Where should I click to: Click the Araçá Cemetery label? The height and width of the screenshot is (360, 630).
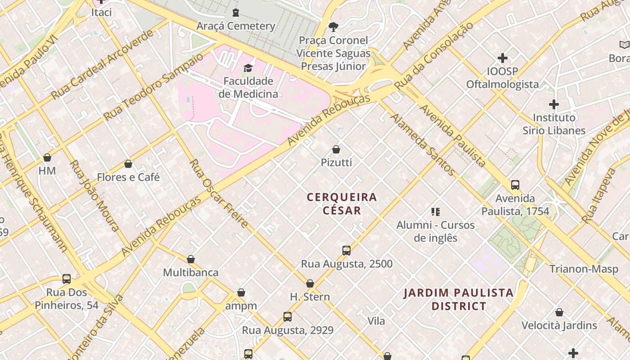236,26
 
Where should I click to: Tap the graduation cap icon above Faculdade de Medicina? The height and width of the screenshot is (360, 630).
248,68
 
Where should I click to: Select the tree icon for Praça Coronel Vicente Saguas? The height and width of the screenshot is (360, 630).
333,27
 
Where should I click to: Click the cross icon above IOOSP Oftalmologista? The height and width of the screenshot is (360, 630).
503,58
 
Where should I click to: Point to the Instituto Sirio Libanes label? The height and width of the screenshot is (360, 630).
554,124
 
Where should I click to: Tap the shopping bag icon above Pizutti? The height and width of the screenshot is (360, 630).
336,149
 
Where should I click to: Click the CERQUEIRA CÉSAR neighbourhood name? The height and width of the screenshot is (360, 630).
342,204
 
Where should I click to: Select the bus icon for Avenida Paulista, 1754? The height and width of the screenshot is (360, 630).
515,184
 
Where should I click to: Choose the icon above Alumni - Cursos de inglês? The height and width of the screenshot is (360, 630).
435,211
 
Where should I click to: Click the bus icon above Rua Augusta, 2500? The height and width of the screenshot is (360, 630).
346,250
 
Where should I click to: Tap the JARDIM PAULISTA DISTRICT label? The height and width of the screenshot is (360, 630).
459,300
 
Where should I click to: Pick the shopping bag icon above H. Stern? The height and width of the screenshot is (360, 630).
310,283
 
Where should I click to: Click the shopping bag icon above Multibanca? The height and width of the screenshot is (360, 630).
191,259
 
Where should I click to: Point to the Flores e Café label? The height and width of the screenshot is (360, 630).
128,177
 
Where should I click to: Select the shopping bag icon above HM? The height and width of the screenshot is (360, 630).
47,157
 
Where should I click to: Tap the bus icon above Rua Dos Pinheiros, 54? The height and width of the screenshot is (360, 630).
67,279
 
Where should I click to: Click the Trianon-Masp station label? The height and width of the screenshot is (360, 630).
584,269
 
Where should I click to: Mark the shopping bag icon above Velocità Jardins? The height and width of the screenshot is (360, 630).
559,312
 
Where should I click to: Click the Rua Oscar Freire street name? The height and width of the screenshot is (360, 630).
219,193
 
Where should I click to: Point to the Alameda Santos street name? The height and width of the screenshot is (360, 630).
423,144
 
